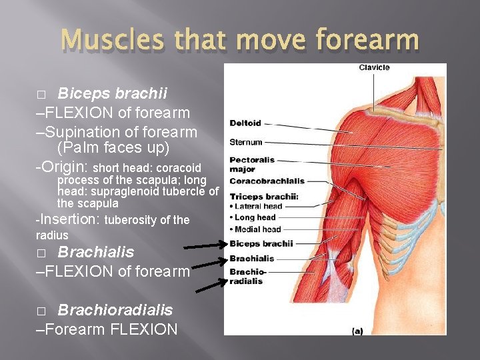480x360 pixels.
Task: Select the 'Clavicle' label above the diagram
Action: coord(374,67)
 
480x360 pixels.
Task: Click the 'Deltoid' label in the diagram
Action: coord(245,123)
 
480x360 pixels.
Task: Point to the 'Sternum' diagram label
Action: coord(246,142)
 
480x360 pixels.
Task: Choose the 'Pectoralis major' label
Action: coord(252,164)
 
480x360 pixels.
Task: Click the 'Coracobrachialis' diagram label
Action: coord(267,181)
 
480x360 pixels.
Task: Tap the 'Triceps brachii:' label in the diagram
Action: coord(264,197)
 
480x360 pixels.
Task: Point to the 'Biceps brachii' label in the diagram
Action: coord(261,243)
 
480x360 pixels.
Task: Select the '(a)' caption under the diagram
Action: coord(358,329)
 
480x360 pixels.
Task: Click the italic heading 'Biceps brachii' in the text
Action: coord(112,92)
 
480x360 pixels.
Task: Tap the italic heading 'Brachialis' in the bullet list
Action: coord(95,252)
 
